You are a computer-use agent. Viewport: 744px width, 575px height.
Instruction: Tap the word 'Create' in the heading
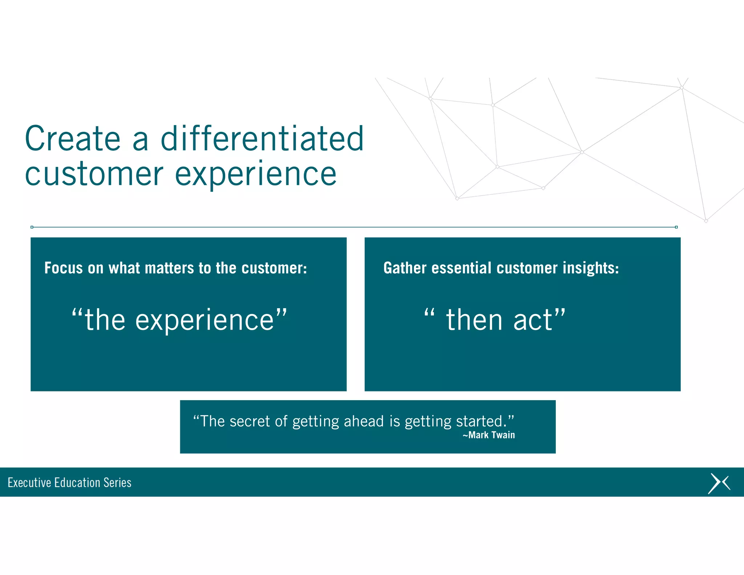click(72, 139)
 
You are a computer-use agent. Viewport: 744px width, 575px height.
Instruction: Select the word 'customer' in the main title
click(94, 175)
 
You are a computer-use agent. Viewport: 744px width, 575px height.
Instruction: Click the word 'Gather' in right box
click(405, 268)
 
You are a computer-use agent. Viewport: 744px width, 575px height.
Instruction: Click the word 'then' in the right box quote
click(474, 320)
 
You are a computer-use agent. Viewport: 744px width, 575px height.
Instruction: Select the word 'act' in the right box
click(533, 320)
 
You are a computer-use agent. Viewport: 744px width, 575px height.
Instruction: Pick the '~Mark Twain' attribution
click(489, 435)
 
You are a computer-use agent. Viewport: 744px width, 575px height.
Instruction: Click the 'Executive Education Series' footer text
click(69, 483)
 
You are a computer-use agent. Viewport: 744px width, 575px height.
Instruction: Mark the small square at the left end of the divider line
click(32, 227)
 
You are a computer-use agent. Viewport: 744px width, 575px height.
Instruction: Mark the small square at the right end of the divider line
click(676, 227)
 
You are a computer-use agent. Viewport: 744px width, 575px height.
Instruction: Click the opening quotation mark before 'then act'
click(429, 313)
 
